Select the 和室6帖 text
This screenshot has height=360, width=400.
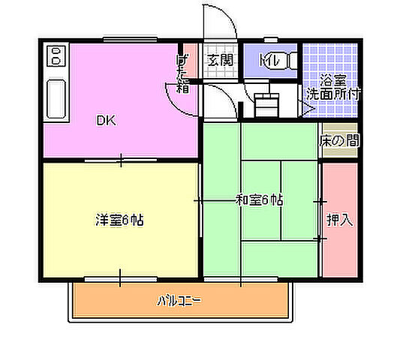pos(260,200)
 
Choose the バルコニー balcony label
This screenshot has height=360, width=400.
pos(179,301)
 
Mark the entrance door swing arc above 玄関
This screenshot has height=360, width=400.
pos(222,22)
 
